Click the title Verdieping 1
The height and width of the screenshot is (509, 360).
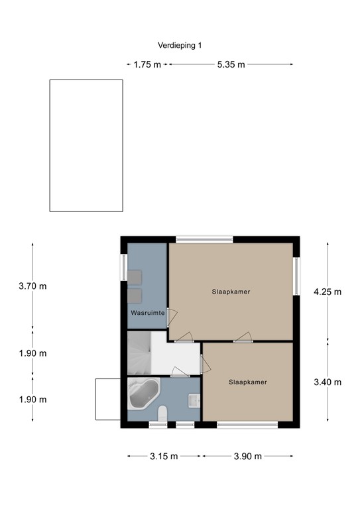point(180,46)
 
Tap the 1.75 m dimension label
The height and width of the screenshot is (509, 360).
point(147,64)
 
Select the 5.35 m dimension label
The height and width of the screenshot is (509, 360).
point(231,64)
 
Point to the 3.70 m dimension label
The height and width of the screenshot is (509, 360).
point(32,286)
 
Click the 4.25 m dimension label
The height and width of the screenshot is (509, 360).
point(328,292)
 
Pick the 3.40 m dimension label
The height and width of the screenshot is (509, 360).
point(328,382)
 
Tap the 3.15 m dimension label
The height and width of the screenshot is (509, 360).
point(164,457)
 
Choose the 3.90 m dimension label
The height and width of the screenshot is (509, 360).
point(248,457)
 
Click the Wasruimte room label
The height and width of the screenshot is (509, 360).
point(148,313)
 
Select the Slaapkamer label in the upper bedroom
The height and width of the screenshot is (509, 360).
point(231,292)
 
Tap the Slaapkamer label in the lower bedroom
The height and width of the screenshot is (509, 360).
point(248,382)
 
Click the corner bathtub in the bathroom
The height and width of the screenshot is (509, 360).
point(144,393)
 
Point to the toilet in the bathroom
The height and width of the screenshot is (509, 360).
point(162,414)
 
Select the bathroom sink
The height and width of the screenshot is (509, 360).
point(194,400)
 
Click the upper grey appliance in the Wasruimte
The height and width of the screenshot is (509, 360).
point(135,278)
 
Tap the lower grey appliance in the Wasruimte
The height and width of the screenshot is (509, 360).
point(135,296)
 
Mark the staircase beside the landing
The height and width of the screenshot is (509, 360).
point(139,353)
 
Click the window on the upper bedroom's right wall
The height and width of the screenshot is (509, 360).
point(296,276)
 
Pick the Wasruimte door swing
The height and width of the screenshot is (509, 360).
point(172,317)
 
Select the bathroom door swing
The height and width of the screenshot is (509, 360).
point(180,372)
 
